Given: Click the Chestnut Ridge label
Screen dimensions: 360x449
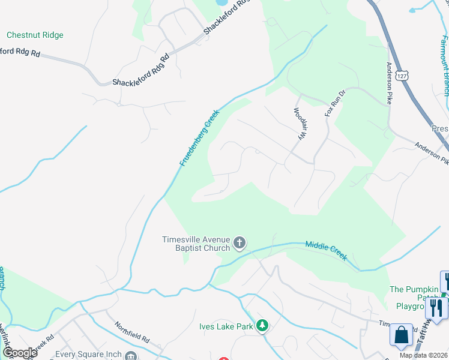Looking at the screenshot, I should (34, 35).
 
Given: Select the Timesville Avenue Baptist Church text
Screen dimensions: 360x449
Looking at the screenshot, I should (196, 243).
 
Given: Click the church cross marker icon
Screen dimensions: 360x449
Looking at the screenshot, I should (240, 243).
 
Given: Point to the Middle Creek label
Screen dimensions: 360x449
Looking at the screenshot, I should (326, 250).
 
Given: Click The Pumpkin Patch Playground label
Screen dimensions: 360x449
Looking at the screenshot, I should (415, 297).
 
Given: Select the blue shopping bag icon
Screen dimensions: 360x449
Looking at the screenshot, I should (401, 335).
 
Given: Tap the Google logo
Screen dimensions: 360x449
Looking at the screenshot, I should (19, 353).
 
